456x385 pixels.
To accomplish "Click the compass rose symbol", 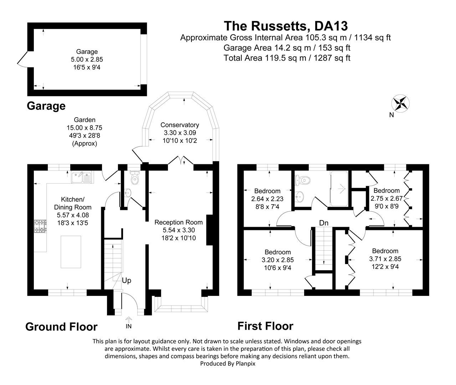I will point(400,103).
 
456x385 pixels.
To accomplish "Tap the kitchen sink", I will point(82,177).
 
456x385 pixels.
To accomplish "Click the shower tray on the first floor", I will point(339,189).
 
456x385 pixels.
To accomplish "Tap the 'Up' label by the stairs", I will point(127,281).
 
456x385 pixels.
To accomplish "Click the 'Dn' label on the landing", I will point(323,223).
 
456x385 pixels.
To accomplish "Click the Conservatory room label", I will point(179,125).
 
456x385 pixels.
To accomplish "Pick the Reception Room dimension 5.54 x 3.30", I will point(179,230).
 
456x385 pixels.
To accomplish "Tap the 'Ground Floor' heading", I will point(61,327).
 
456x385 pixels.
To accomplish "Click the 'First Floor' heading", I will point(265,326).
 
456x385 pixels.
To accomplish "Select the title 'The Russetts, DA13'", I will point(286,26).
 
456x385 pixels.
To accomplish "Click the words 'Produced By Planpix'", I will point(228,364).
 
